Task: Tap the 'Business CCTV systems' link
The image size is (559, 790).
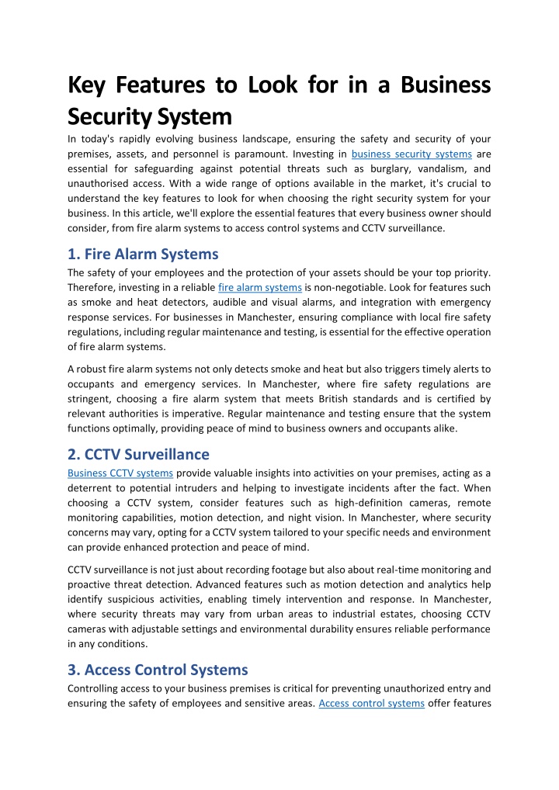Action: pos(120,473)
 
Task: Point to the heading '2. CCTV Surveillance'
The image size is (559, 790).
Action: pos(138,454)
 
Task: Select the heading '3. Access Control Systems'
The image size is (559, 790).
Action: pos(158,669)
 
